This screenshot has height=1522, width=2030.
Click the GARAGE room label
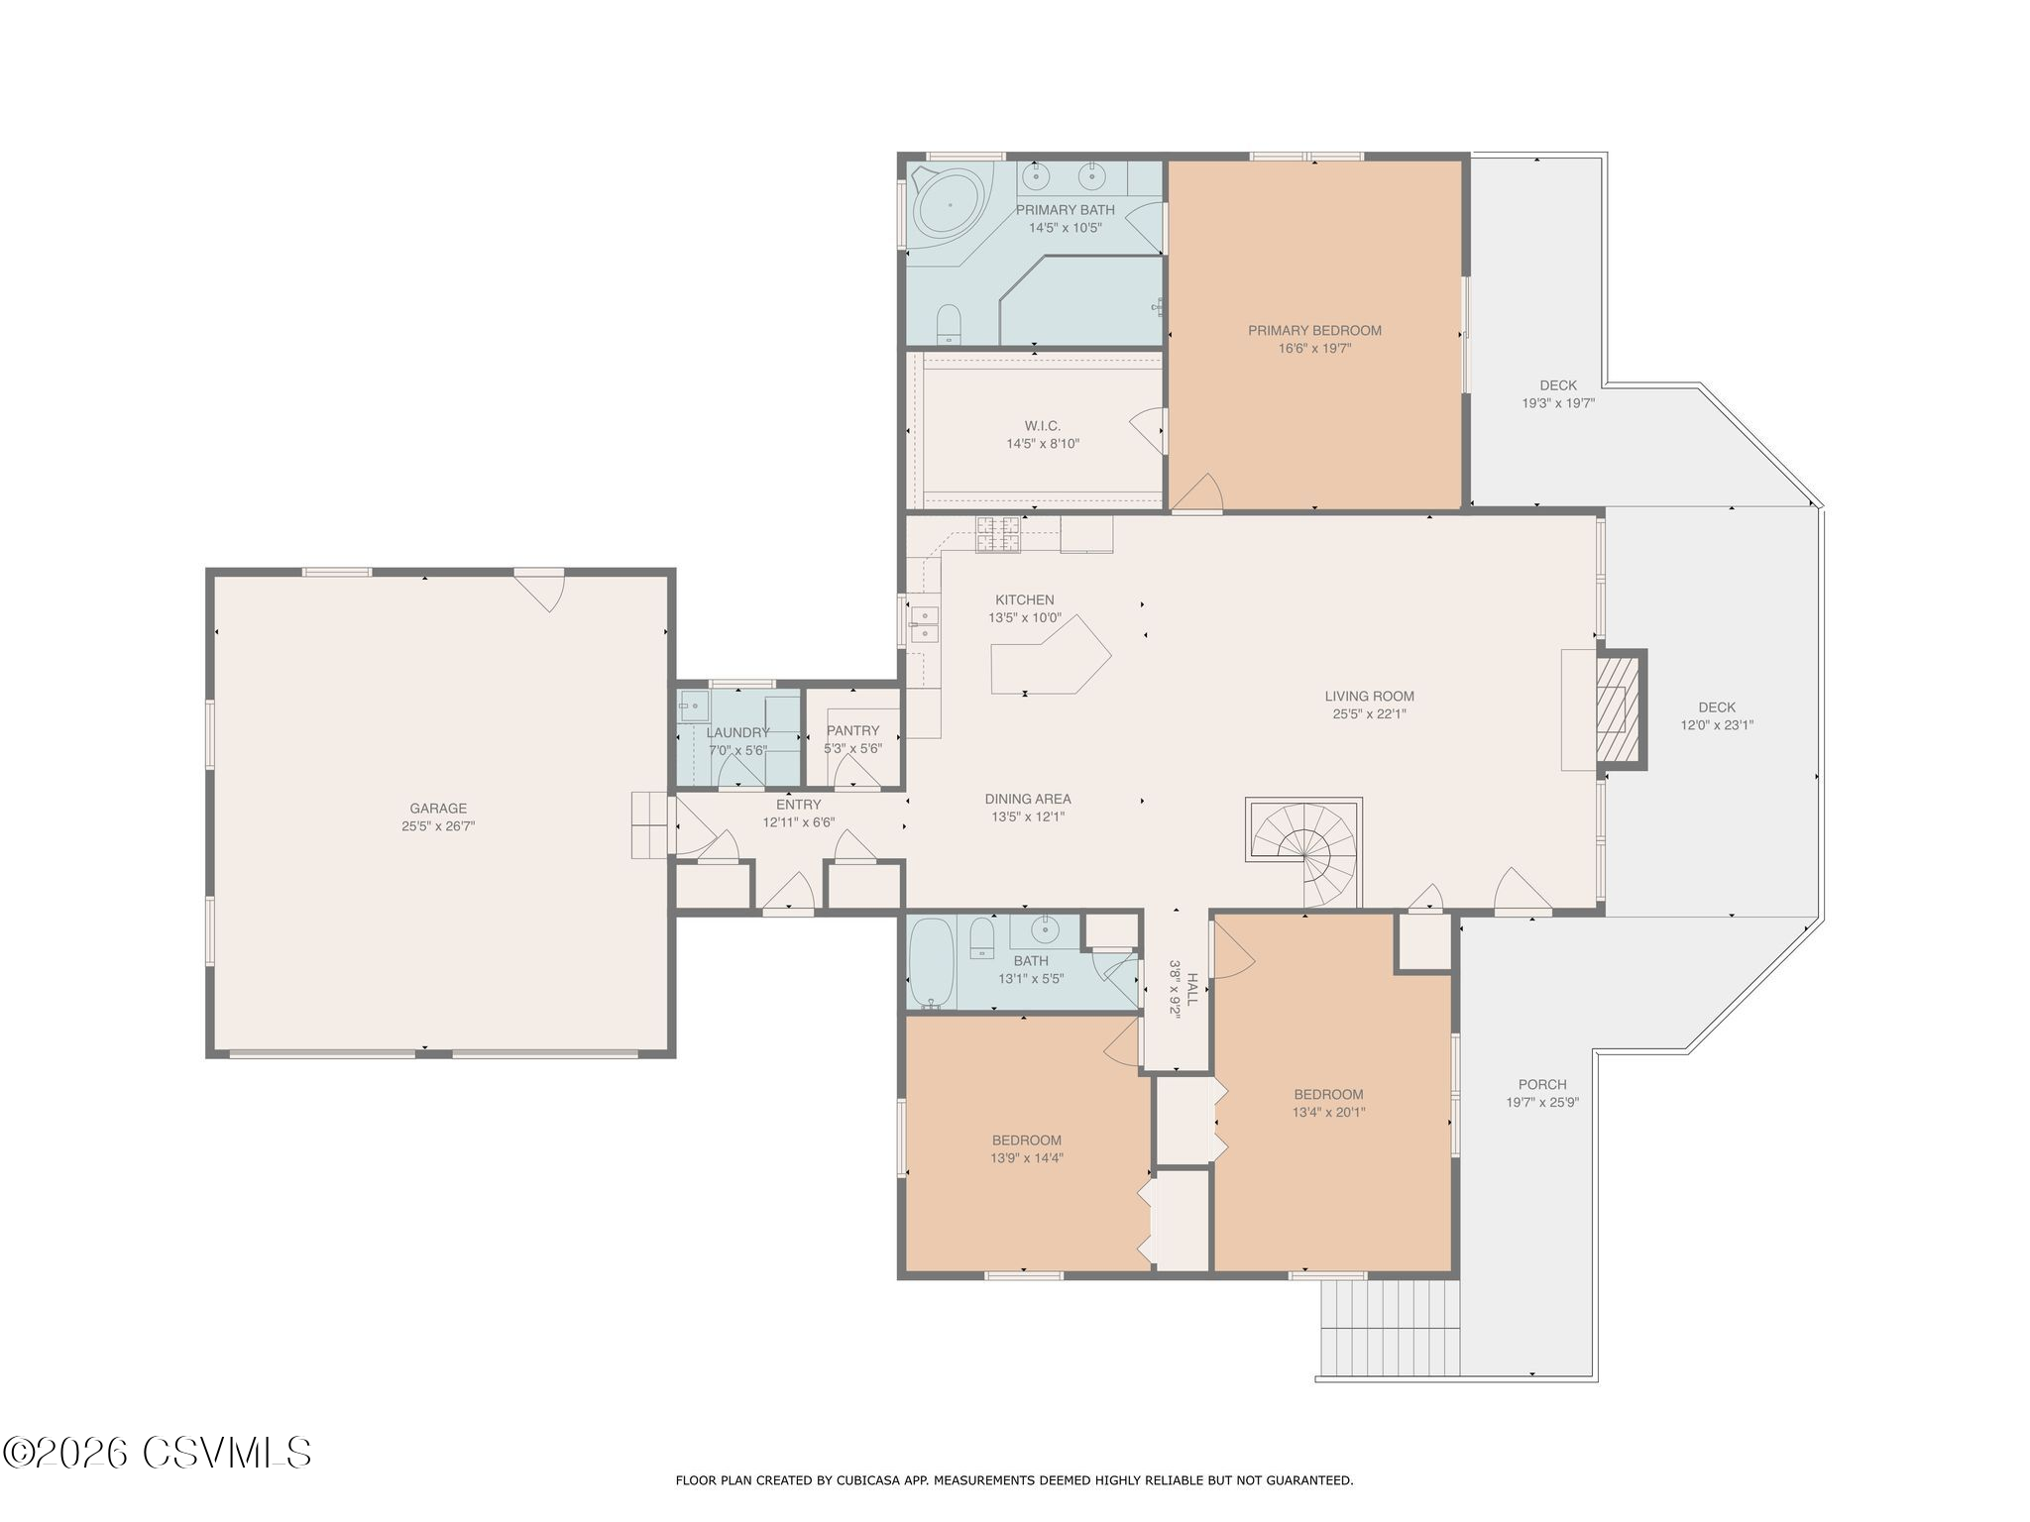(438, 809)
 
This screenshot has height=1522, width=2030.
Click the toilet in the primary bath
(950, 324)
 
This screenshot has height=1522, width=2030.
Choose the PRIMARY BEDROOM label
(1314, 331)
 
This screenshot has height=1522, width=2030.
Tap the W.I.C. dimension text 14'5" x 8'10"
(1043, 444)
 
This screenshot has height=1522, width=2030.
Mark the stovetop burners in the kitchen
(998, 535)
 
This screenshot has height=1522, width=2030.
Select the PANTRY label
(852, 731)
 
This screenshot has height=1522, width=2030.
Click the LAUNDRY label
(737, 733)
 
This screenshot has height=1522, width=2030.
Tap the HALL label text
(1192, 989)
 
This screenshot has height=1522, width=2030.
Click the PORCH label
(1542, 1084)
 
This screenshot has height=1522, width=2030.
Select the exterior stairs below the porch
(1390, 1328)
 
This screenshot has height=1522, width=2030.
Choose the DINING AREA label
(1028, 800)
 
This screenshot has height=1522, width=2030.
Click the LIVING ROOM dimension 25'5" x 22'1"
(1370, 713)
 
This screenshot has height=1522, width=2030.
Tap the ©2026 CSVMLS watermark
(158, 1454)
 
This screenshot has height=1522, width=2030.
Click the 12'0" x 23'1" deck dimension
(1717, 725)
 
